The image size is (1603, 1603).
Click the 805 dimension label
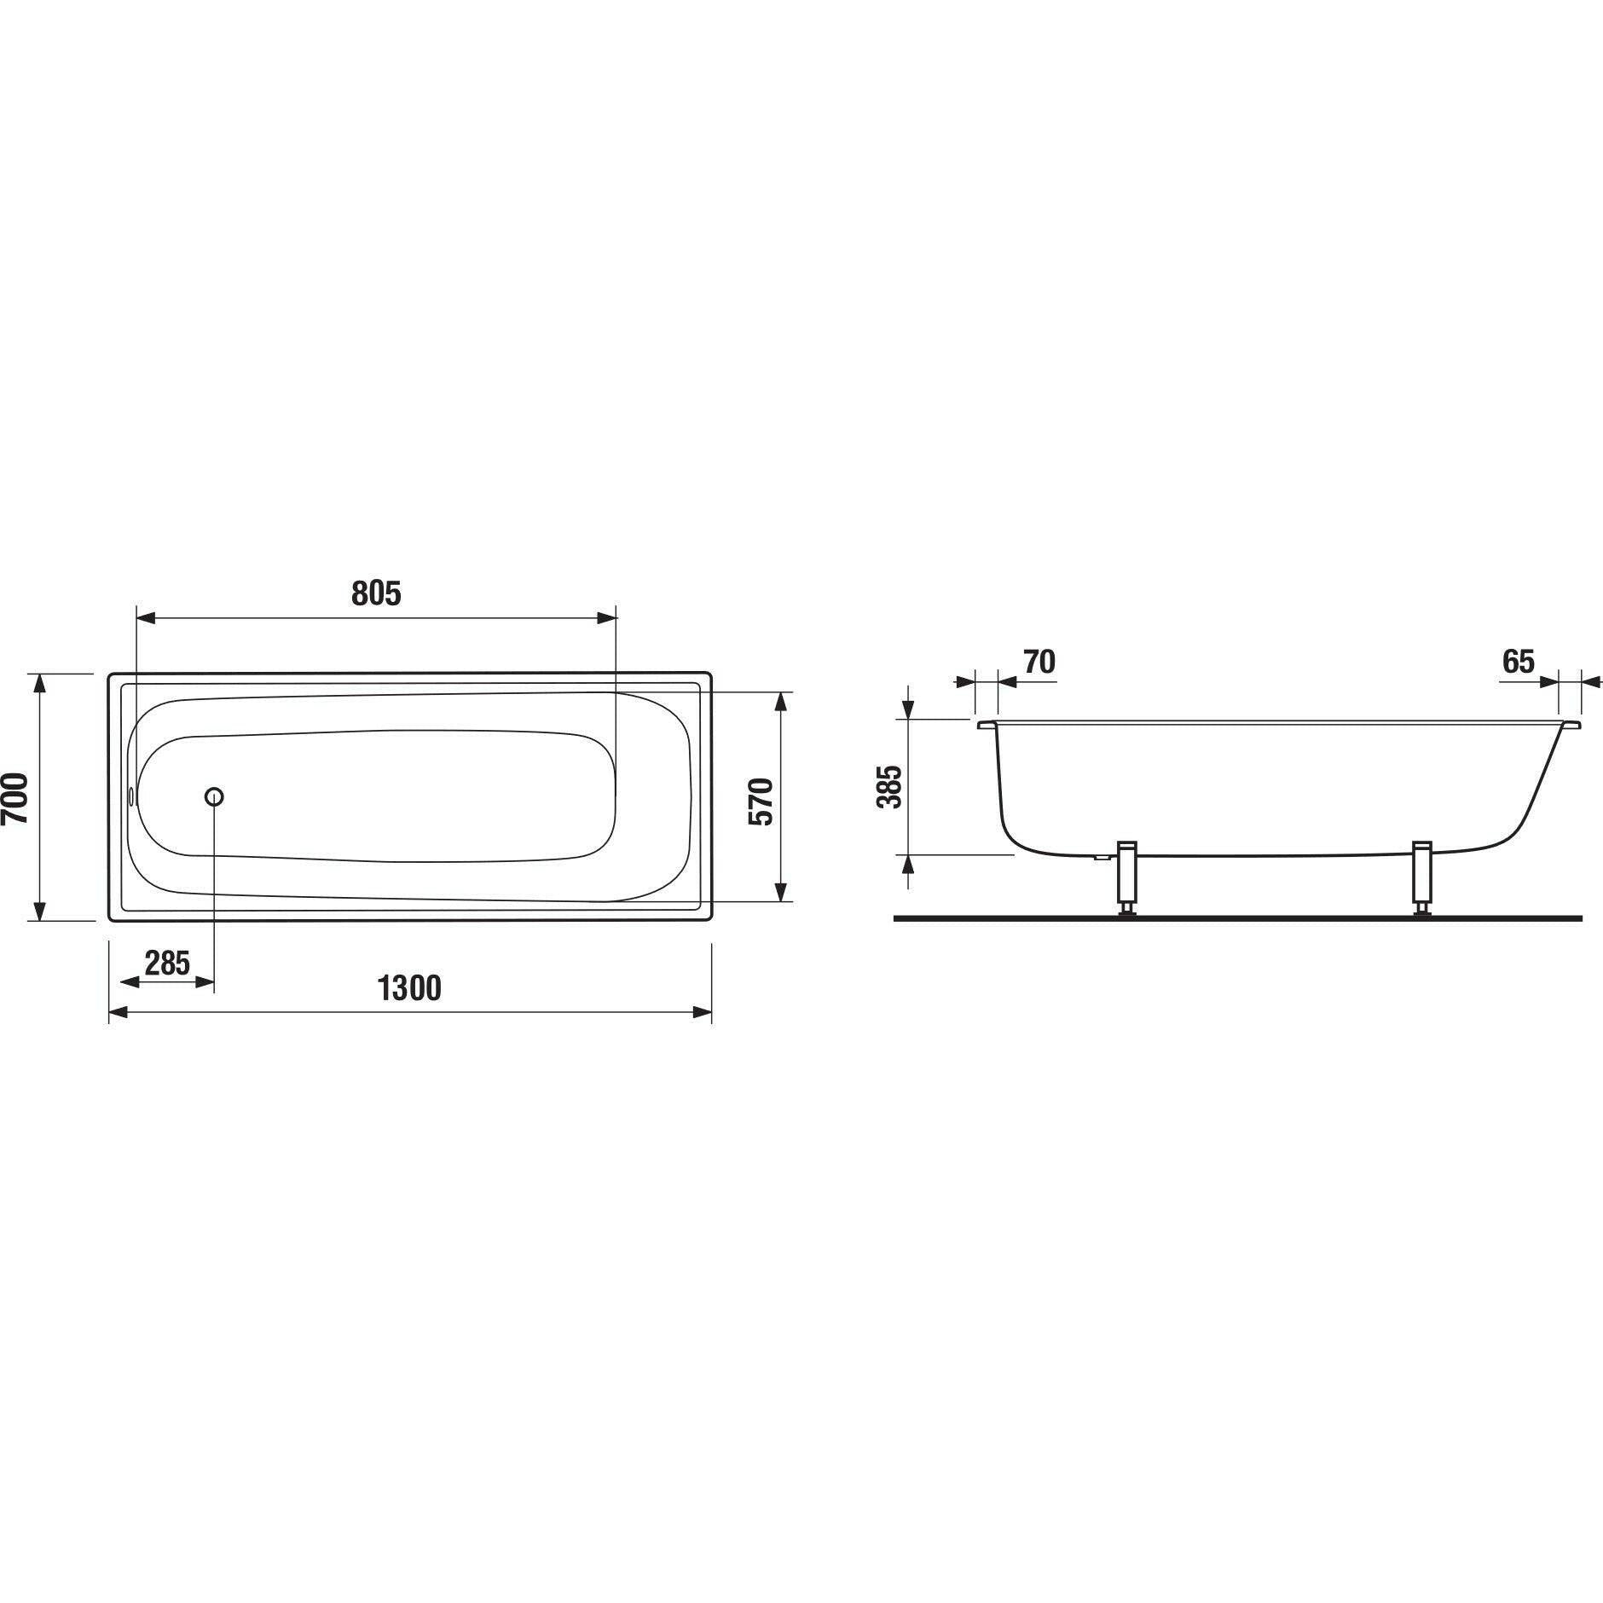tap(376, 593)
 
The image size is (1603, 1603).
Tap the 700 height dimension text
tap(16, 797)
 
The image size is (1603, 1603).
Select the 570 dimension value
tap(760, 801)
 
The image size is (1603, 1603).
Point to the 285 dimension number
tap(167, 964)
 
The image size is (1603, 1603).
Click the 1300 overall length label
tap(409, 988)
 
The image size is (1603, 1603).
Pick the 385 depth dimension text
tap(888, 786)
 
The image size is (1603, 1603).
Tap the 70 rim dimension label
tap(1039, 661)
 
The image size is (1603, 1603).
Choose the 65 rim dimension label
tap(1518, 661)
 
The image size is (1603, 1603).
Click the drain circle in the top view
tap(214, 796)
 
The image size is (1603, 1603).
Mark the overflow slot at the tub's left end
tap(131, 796)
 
